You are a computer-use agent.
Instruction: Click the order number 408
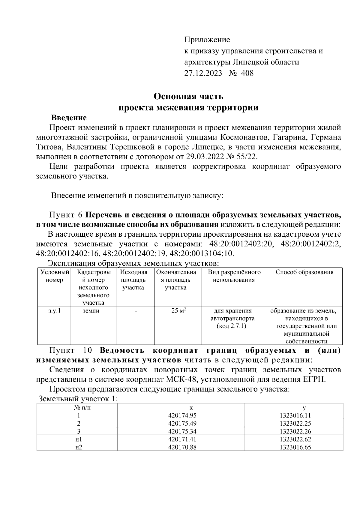(247, 73)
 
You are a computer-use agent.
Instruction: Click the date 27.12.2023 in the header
(203, 73)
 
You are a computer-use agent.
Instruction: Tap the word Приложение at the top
(207, 40)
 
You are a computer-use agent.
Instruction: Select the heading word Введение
(69, 118)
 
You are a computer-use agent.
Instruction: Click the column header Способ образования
(304, 272)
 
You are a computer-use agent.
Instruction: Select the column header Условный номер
(55, 276)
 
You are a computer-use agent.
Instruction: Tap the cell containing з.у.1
(54, 311)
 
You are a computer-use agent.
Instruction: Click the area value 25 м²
(178, 311)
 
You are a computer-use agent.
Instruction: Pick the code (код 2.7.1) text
(231, 326)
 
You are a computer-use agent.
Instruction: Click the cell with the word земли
(91, 311)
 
